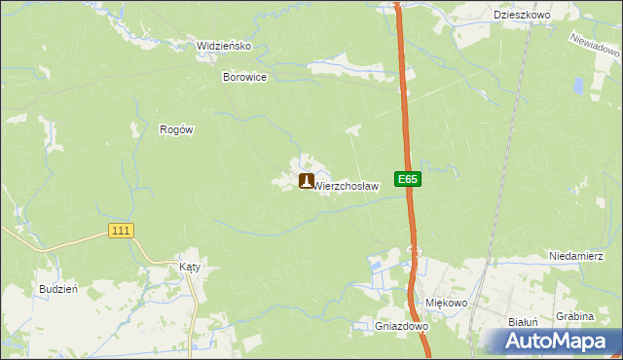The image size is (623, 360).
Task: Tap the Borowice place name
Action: coord(244,77)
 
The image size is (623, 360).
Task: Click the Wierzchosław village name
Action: coord(346,185)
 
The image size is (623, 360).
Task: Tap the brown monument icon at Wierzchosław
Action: coord(306,181)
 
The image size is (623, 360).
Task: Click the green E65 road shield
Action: coord(408,179)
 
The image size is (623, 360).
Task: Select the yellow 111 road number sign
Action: coord(121,230)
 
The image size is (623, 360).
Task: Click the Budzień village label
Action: coord(56,289)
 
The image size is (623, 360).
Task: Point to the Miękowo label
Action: coord(448,303)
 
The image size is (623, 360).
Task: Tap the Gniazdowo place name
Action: coord(402,327)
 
